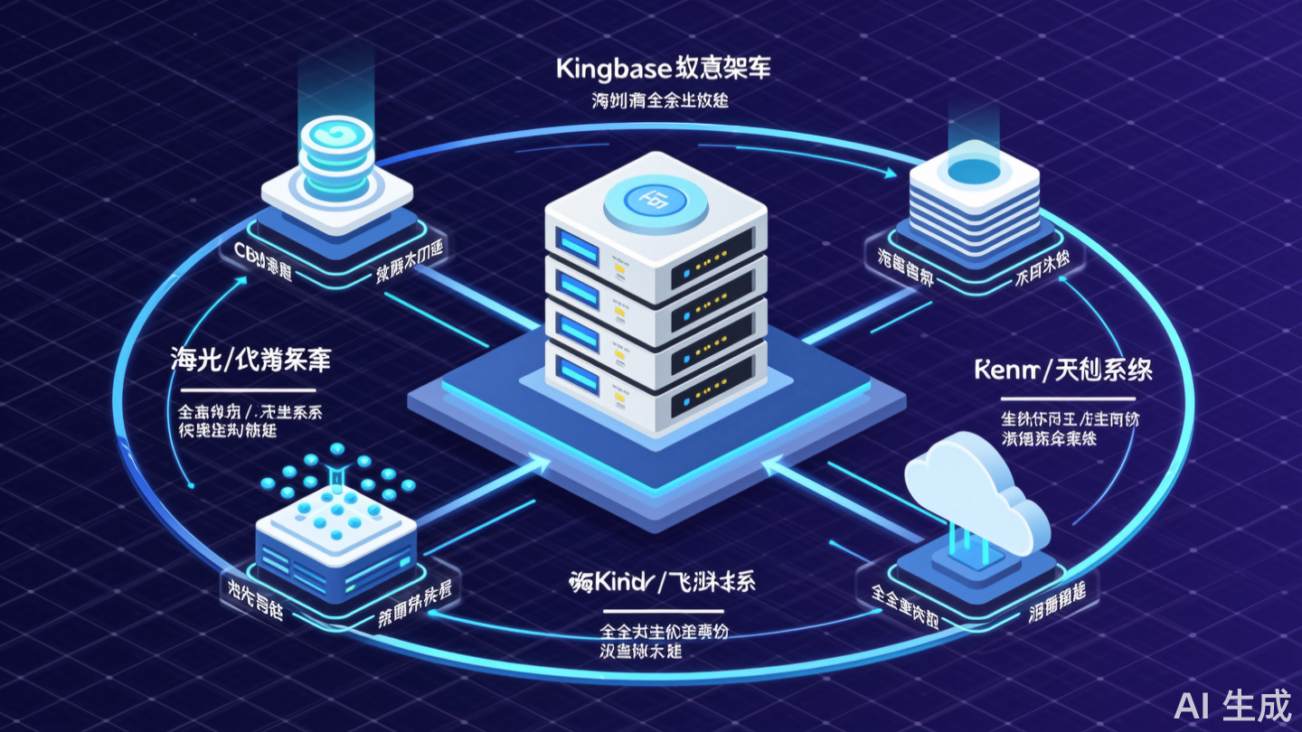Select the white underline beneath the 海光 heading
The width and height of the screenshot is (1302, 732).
[x=243, y=389]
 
